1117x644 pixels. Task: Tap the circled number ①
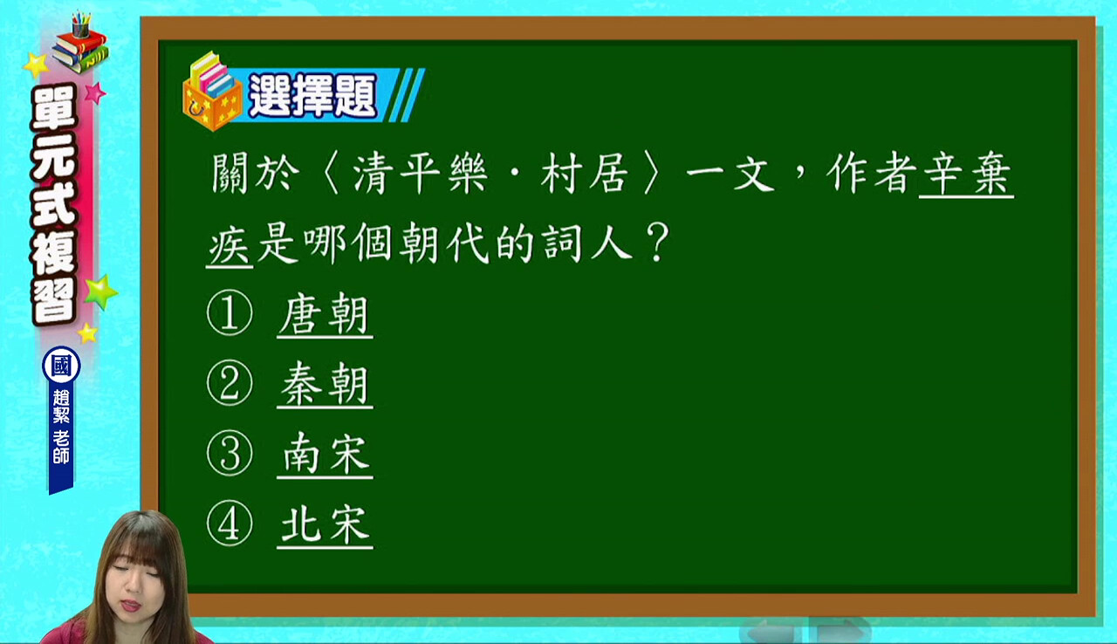click(230, 313)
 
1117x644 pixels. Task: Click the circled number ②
click(230, 383)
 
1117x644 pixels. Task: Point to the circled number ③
click(230, 454)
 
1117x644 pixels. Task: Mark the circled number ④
click(230, 524)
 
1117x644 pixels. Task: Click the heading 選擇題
click(312, 96)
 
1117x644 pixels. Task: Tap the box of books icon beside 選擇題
click(212, 92)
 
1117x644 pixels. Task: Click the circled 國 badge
click(61, 366)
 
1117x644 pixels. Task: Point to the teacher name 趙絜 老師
click(61, 427)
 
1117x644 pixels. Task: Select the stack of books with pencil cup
click(80, 43)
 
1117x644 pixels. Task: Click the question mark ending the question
click(656, 243)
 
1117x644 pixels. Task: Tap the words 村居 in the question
click(585, 174)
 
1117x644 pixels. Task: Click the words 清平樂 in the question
click(420, 174)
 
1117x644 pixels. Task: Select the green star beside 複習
click(101, 291)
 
